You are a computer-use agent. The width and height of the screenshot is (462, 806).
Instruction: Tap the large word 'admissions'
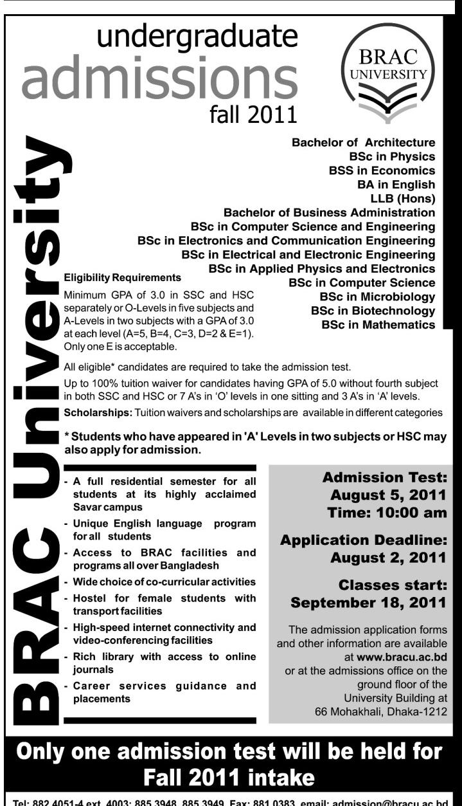(159, 79)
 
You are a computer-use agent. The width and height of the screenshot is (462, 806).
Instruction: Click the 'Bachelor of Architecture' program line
(363, 142)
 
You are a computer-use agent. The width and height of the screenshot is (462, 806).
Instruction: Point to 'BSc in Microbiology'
(377, 297)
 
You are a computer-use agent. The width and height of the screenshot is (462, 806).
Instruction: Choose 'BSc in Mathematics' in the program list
(378, 325)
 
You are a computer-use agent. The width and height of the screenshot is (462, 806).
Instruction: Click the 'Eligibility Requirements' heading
(123, 279)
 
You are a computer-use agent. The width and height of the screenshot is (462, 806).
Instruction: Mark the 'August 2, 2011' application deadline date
(387, 558)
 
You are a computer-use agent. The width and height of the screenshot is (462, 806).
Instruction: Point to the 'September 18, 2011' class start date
(368, 603)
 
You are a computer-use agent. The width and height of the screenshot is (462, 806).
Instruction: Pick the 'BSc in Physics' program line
(391, 156)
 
